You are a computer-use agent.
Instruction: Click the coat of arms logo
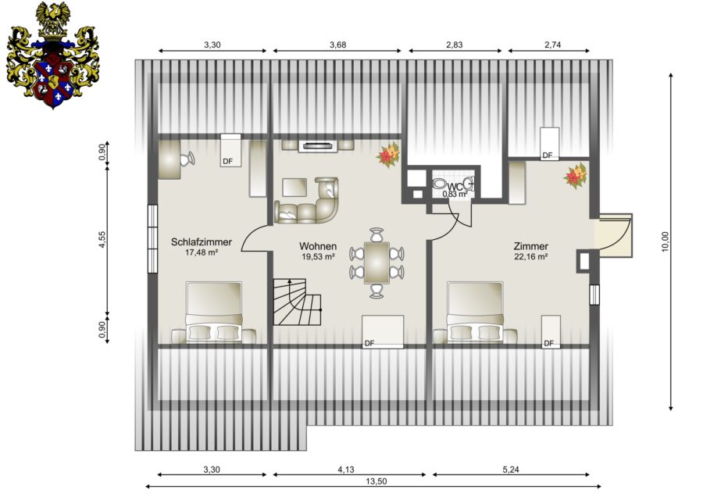click(53, 55)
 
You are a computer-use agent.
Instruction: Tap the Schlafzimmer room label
click(202, 241)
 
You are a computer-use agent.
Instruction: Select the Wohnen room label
click(318, 246)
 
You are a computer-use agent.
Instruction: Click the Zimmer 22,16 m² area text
click(531, 257)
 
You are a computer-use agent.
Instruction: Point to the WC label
click(455, 187)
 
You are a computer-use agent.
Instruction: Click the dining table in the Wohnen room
click(376, 263)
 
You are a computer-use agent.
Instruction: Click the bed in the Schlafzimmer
click(214, 313)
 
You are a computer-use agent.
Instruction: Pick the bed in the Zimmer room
click(475, 313)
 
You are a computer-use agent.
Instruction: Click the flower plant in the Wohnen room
click(388, 155)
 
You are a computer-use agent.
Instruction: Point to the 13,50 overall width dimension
click(376, 481)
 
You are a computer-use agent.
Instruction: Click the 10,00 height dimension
click(665, 241)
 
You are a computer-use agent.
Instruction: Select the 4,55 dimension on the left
click(102, 240)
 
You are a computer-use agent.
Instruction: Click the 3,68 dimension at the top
click(337, 45)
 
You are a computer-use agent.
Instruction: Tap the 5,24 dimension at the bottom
click(511, 470)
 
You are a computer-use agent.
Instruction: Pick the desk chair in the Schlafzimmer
click(187, 159)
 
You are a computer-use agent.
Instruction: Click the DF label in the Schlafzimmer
click(228, 161)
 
